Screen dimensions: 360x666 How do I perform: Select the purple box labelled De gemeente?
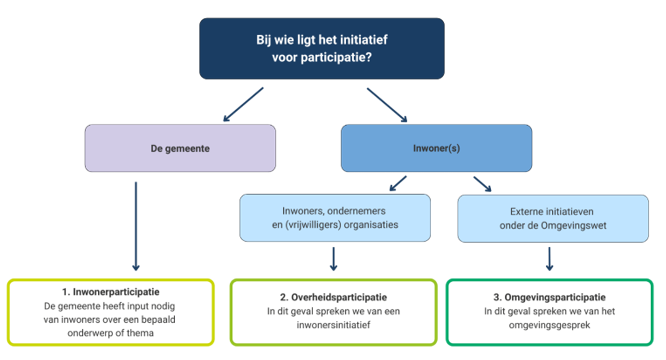point(180,148)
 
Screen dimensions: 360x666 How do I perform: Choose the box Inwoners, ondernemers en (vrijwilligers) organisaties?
point(334,218)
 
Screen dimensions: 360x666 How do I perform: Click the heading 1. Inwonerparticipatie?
point(111,291)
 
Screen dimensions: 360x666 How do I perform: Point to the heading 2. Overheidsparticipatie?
point(334,297)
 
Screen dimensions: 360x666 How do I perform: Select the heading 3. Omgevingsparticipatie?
point(548,297)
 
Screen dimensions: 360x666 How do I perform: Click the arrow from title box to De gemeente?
point(241,102)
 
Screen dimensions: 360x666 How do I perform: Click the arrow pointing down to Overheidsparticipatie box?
point(334,258)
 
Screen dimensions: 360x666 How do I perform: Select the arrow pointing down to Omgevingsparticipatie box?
point(548,258)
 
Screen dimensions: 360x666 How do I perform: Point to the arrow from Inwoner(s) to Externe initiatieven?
point(483,183)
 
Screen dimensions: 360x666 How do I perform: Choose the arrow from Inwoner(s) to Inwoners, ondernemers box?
point(398,183)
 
